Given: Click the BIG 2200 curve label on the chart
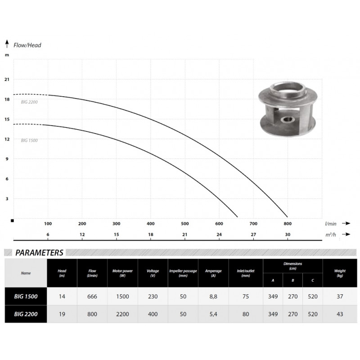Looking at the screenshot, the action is [x=29, y=102].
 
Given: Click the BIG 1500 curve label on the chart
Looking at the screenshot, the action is [x=29, y=140].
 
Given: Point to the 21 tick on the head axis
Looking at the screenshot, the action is [x=7, y=80].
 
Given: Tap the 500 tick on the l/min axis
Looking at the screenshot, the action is [x=185, y=224].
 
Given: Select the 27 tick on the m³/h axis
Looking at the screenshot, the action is [x=253, y=234].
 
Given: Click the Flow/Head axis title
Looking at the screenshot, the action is [x=27, y=45].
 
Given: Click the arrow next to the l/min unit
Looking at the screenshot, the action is [x=346, y=223].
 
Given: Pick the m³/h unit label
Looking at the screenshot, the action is [x=331, y=234].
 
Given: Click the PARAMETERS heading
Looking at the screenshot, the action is [x=39, y=252].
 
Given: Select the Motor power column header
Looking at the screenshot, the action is [x=122, y=273].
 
